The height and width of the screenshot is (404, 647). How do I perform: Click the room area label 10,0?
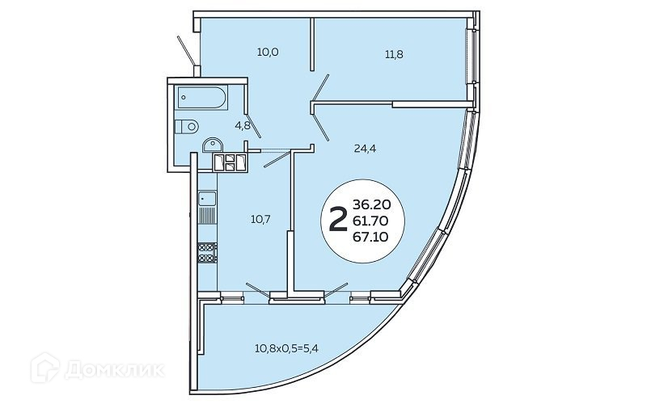click(268, 53)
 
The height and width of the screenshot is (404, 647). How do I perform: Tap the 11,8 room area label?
click(394, 55)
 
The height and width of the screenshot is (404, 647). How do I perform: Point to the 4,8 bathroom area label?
click(242, 126)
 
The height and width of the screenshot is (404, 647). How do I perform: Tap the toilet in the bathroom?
click(186, 125)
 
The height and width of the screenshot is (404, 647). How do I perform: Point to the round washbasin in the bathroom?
click(214, 145)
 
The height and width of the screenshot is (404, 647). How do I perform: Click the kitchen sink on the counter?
click(207, 199)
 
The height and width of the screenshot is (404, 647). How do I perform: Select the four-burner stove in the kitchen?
click(207, 252)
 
